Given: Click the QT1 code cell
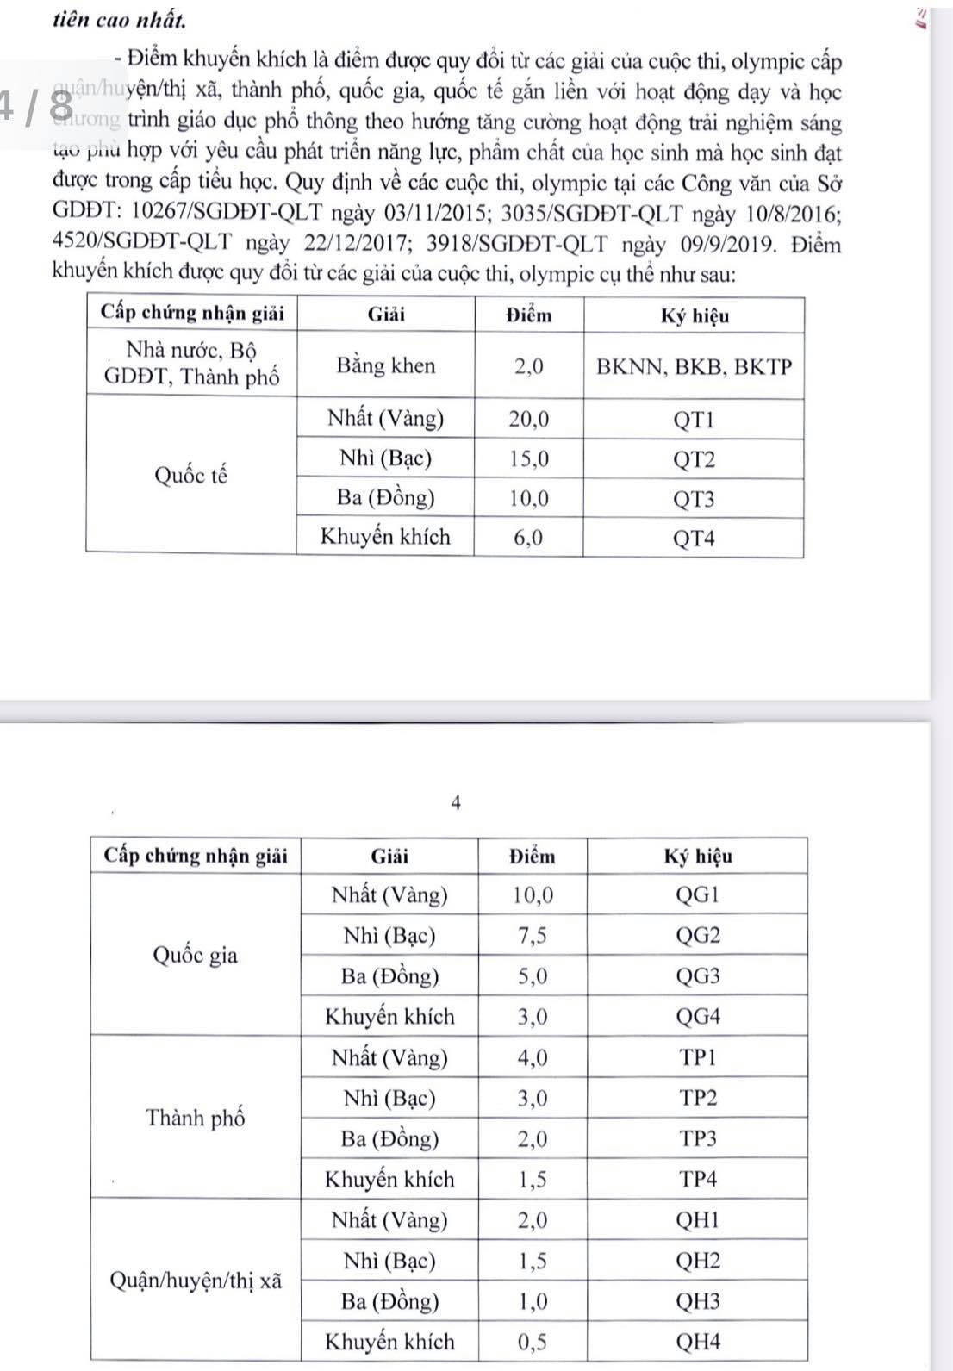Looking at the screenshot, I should [x=694, y=421].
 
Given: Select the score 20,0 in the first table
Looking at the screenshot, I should [x=529, y=420].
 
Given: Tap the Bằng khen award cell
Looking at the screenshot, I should [x=386, y=365].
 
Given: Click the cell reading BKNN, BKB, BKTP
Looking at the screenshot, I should [x=694, y=367].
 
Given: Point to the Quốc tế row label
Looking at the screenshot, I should [x=191, y=475].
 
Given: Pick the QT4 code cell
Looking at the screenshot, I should [x=694, y=539].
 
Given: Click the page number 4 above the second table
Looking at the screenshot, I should [x=456, y=803].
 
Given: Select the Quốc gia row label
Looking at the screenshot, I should [x=195, y=955].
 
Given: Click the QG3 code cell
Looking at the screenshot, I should [x=697, y=976].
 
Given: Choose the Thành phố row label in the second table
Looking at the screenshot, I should [x=196, y=1118].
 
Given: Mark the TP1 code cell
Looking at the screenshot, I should [x=697, y=1057].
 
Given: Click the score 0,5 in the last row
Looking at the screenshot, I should [x=532, y=1341].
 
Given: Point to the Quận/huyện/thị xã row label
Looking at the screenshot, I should [x=196, y=1281].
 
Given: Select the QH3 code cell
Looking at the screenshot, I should [x=697, y=1301].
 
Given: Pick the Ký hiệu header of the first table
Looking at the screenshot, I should [x=694, y=316].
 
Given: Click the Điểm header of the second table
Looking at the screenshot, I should [x=532, y=857].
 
